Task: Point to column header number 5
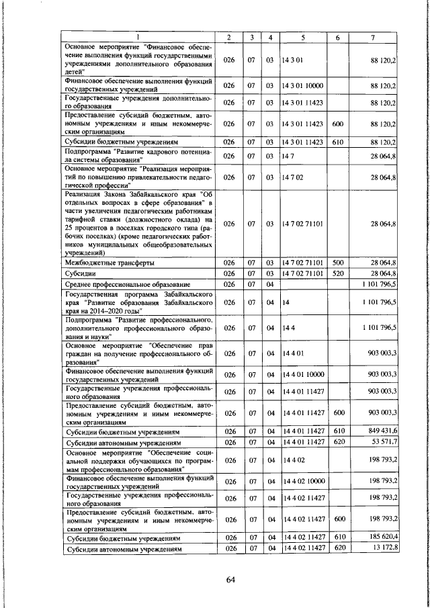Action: pyautogui.click(x=304, y=37)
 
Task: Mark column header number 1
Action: pyautogui.click(x=139, y=37)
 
